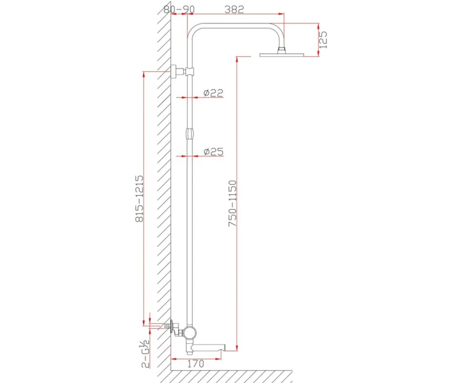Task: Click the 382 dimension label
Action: (234, 10)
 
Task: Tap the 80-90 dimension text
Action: (179, 10)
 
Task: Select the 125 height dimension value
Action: (322, 40)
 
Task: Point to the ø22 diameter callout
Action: (213, 93)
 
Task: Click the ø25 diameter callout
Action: (213, 151)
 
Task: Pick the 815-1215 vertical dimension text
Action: (139, 198)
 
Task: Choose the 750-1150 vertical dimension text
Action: (232, 203)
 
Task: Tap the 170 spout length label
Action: (196, 364)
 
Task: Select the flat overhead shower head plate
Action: (282, 55)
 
